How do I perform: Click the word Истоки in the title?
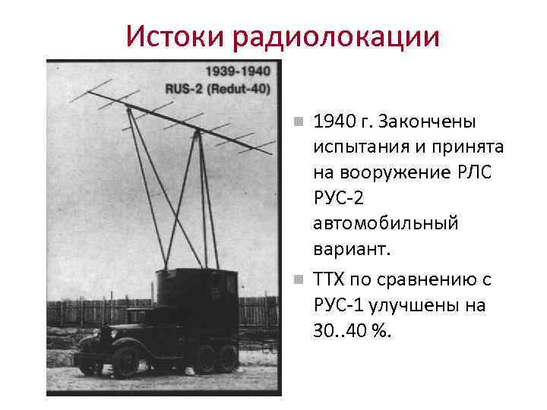(177, 35)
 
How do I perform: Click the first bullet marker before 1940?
(299, 121)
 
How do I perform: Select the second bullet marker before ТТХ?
(299, 279)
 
